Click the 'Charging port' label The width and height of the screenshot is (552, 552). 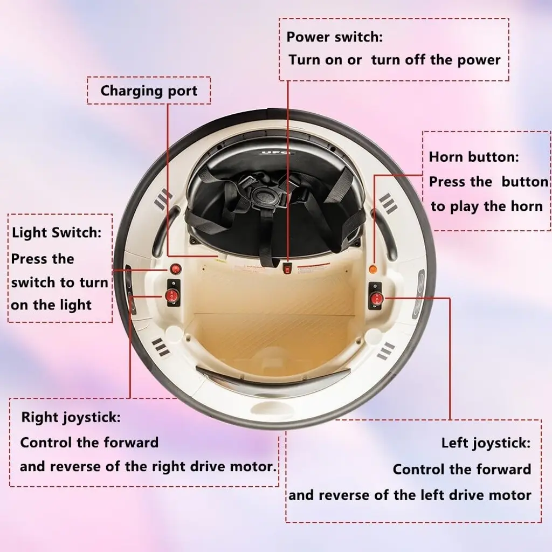149,91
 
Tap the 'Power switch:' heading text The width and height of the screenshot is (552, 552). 334,37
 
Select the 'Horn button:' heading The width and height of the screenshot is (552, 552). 474,157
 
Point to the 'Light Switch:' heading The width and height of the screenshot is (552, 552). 57,233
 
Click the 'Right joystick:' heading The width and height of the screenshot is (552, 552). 71,418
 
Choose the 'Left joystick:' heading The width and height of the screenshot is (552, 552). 486,443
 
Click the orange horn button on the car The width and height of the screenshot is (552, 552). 373,270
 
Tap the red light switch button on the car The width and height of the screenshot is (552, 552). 175,270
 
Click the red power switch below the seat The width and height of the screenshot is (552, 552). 288,270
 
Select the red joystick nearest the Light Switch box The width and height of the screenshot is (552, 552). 171,296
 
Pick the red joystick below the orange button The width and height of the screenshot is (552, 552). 376,299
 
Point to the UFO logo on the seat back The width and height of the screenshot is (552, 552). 276,153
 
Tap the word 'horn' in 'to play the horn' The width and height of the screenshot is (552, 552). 526,206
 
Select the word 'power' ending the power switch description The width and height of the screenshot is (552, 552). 479,60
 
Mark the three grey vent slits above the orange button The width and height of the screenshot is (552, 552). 388,203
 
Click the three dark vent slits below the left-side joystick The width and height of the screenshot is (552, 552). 161,347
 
